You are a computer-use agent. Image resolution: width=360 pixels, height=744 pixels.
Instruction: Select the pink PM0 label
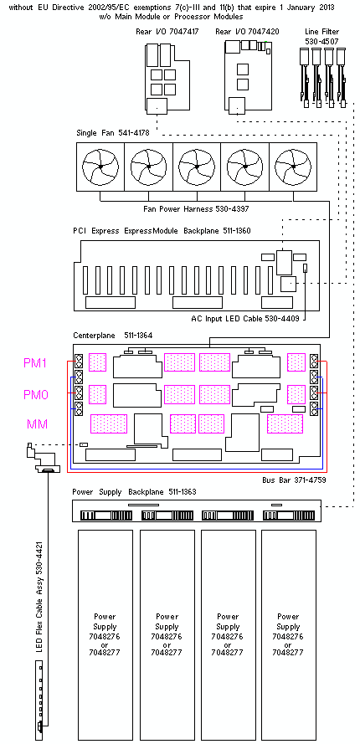pos(36,394)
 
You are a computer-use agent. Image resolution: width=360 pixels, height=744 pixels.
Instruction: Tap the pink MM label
pos(37,424)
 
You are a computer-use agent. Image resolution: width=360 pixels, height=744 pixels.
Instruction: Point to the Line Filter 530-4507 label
pos(321,37)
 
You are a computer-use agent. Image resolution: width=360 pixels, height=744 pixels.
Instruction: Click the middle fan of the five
pos(197,167)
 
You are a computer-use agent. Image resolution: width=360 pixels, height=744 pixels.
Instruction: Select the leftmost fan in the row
pos(100,167)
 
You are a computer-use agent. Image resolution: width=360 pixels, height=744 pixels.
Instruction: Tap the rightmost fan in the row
pos(293,167)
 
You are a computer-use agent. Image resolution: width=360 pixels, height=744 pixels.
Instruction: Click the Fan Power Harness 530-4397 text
pos(196,208)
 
